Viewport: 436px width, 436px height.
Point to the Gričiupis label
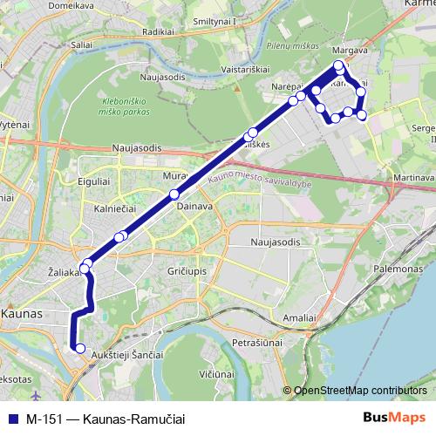point(186,273)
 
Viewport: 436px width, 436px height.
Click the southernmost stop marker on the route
point(80,349)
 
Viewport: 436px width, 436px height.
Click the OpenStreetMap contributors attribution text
point(360,390)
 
